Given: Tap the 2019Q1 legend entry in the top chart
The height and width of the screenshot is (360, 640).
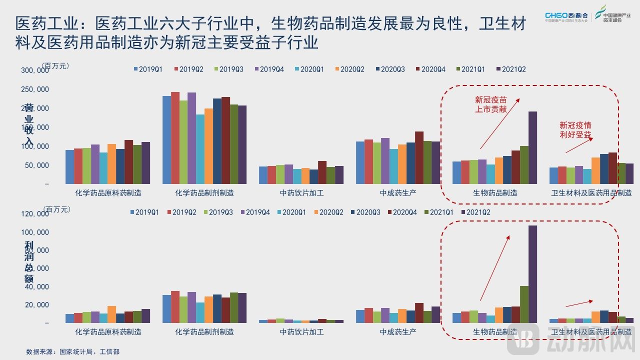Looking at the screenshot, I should (147, 69).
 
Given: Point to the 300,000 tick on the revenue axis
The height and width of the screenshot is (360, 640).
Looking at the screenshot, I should (35, 70).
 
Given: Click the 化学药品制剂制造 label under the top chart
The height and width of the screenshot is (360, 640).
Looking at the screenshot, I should (204, 192).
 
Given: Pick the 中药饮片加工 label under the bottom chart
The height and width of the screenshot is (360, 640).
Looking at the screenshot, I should (301, 331).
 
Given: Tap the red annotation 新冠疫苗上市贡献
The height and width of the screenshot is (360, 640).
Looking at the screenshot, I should (490, 104).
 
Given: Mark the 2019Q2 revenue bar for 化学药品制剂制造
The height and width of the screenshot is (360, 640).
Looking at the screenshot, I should (175, 138).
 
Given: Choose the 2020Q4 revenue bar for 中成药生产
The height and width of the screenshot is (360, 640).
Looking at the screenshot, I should (419, 157).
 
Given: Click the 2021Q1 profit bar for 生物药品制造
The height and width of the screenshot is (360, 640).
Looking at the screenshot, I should (524, 304).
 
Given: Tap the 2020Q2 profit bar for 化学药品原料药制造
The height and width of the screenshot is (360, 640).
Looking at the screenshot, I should (111, 314).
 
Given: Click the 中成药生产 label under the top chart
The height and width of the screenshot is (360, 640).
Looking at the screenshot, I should (398, 192).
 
